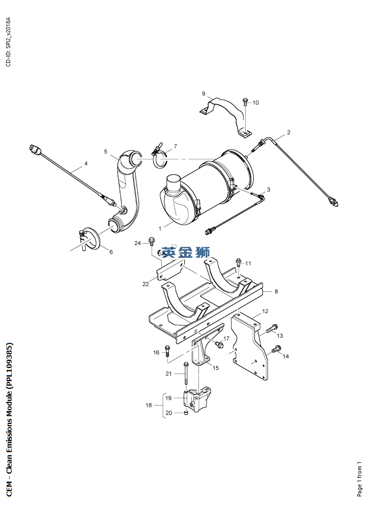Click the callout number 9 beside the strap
click(203, 93)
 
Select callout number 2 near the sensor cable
click(288, 132)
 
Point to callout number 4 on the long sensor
click(86, 163)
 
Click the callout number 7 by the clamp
click(175, 147)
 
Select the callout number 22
click(146, 284)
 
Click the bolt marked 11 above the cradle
click(238, 263)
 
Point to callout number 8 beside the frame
click(276, 291)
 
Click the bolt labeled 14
click(276, 349)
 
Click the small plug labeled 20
click(186, 413)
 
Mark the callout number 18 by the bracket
click(149, 405)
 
